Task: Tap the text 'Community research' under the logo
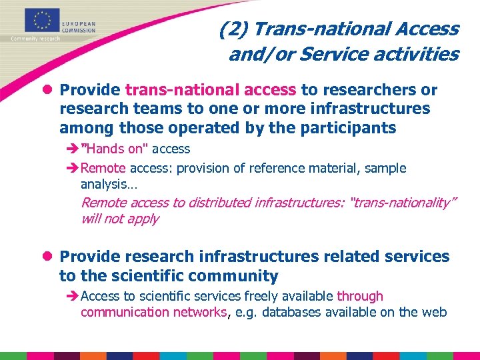[35, 39]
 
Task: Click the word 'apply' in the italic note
[143, 219]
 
